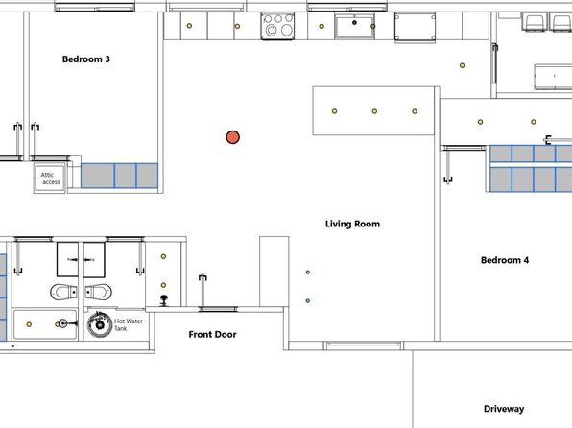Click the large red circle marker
[x=233, y=137]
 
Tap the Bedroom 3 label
[x=86, y=59]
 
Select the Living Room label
[x=352, y=224]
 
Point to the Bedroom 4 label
[x=505, y=260]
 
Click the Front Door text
[x=212, y=334]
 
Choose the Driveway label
[x=504, y=409]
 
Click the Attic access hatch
[x=50, y=178]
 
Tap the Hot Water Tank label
[x=129, y=324]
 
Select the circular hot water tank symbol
[x=100, y=324]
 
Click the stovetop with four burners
[x=277, y=26]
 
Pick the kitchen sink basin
[x=354, y=26]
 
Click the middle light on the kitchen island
[x=374, y=111]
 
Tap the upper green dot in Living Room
[x=308, y=273]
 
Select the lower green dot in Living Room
[x=308, y=301]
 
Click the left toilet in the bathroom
[x=64, y=292]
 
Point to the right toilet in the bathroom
[x=98, y=292]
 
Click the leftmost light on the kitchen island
[x=335, y=111]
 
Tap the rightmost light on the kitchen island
[x=415, y=111]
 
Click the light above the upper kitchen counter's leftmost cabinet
[x=189, y=26]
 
